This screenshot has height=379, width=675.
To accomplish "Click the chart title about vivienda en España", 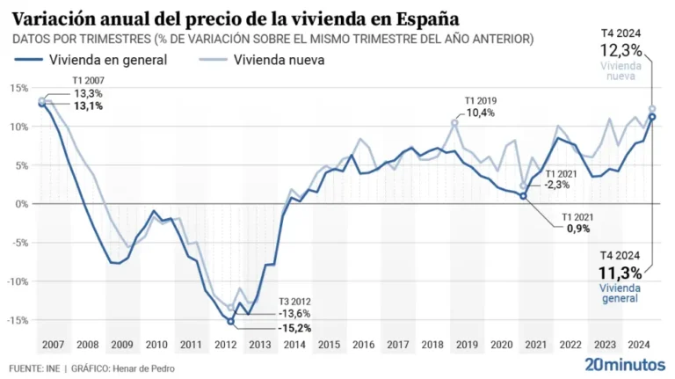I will [236, 18].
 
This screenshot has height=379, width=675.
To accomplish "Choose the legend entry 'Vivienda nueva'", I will [279, 60].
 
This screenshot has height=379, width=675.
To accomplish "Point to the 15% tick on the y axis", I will [19, 88].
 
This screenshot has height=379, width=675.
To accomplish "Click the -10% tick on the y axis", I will [18, 281].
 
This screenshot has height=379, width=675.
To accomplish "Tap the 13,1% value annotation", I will [88, 106].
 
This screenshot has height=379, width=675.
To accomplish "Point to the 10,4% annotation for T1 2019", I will [480, 113].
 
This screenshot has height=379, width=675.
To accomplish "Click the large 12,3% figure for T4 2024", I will [621, 51].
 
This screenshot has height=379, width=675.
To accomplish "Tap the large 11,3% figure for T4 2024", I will [620, 273].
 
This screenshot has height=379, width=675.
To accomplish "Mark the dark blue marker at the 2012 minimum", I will [231, 321].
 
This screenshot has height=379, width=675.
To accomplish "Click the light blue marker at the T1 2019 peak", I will [455, 123].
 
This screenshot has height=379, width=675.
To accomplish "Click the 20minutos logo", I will [625, 363].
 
